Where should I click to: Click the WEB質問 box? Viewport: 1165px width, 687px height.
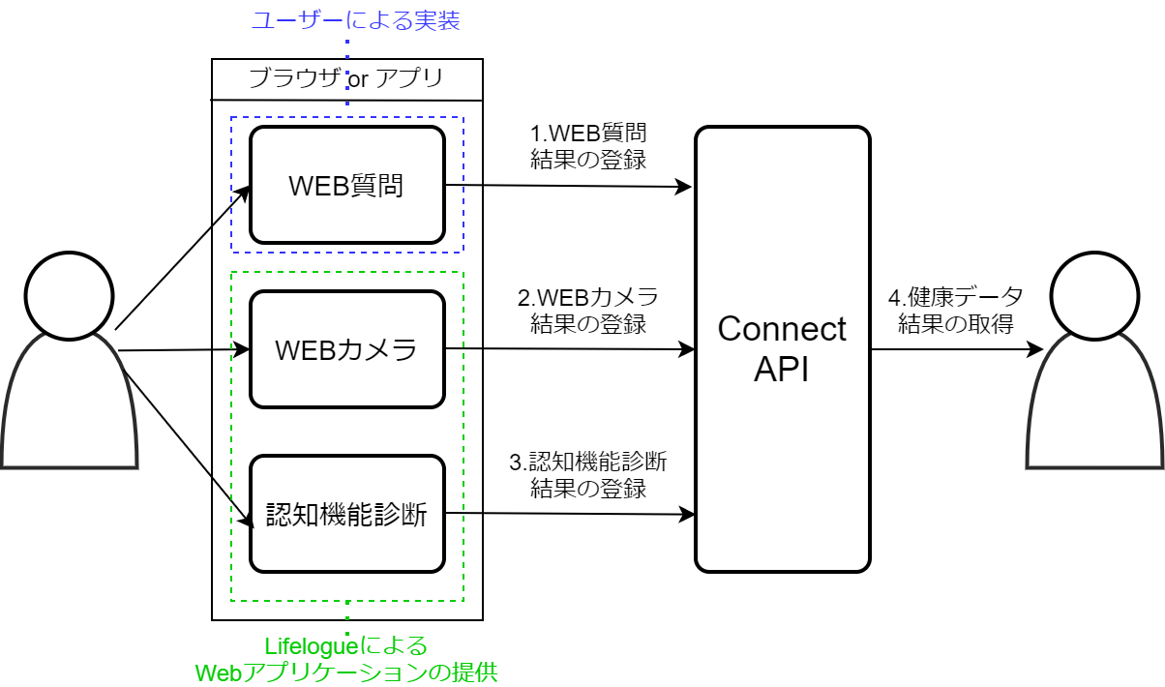pos(346,185)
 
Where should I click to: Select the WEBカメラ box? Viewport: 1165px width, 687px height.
pos(346,348)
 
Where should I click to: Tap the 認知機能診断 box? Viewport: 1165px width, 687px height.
pos(346,514)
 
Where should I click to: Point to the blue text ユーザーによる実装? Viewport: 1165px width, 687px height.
pos(355,21)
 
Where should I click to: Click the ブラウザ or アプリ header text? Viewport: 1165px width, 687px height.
pos(345,78)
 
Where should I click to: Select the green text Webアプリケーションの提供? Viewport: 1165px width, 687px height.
pos(346,672)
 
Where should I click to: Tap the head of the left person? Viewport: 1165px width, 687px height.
pos(70,297)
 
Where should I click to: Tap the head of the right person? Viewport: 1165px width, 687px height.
pos(1094,297)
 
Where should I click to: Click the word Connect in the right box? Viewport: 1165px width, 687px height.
pos(782,329)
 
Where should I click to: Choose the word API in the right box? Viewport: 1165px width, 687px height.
pos(782,370)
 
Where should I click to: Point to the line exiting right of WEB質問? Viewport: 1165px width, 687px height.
pos(463,184)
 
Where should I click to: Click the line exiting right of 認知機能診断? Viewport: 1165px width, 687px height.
pos(463,513)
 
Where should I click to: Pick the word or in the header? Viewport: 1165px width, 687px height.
pos(358,79)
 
